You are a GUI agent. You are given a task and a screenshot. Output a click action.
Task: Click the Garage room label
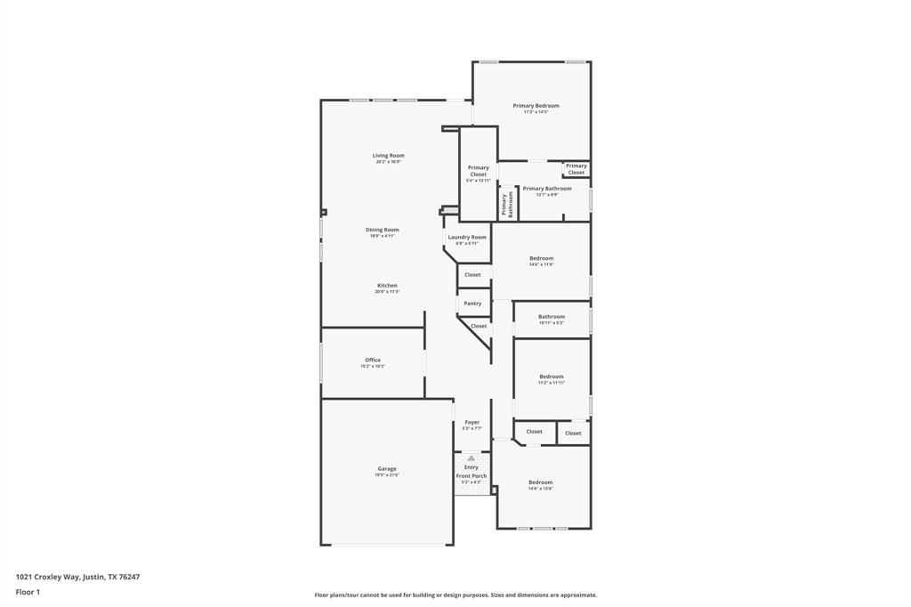pyautogui.click(x=387, y=469)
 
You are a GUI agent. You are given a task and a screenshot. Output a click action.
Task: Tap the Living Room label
pyautogui.click(x=388, y=156)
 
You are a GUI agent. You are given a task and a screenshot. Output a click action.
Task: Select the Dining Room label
pyautogui.click(x=382, y=231)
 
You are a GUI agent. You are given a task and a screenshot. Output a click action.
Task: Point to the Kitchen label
pyautogui.click(x=386, y=286)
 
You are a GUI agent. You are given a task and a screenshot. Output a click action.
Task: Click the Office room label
pyautogui.click(x=372, y=360)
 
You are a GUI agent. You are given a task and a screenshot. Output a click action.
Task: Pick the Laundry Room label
pyautogui.click(x=467, y=238)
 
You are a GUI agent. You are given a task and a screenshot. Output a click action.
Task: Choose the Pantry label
pyautogui.click(x=472, y=303)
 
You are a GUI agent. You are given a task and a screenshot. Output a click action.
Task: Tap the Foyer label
pyautogui.click(x=472, y=423)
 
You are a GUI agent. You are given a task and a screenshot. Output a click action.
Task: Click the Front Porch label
pyautogui.click(x=472, y=476)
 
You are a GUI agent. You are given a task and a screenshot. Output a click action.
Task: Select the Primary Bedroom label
pyautogui.click(x=536, y=106)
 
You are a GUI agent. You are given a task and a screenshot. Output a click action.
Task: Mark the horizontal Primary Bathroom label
pyautogui.click(x=547, y=189)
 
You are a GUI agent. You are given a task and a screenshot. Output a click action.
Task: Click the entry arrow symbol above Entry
pyautogui.click(x=472, y=457)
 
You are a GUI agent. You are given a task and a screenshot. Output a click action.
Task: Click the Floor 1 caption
pyautogui.click(x=28, y=592)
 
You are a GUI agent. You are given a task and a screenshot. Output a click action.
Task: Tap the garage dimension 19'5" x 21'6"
pyautogui.click(x=387, y=475)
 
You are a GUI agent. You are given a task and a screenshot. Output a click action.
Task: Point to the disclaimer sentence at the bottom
pyautogui.click(x=455, y=595)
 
